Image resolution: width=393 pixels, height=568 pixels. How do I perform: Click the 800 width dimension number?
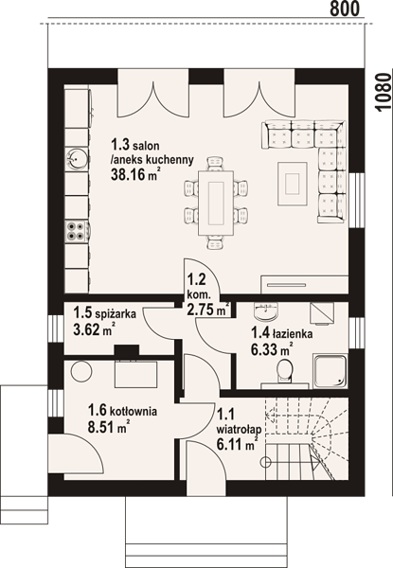click(x=345, y=9)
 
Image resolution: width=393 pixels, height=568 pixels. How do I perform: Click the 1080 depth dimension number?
click(x=384, y=93)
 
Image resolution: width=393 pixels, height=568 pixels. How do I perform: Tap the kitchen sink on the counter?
click(x=76, y=159)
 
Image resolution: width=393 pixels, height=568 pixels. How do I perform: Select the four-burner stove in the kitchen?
click(x=77, y=232)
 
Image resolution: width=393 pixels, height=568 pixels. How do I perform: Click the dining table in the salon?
click(x=216, y=203)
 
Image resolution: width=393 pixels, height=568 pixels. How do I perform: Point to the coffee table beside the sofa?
click(x=293, y=184)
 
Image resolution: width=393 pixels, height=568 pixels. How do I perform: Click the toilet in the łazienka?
click(x=285, y=370)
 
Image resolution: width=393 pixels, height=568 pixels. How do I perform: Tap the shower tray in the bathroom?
click(x=330, y=371)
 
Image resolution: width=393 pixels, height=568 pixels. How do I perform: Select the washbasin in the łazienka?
click(x=266, y=311)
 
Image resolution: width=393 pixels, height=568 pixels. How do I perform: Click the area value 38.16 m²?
click(x=135, y=175)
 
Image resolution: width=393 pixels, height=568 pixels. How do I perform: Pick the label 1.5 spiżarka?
click(x=105, y=313)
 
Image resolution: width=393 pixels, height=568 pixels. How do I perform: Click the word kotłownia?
click(x=134, y=412)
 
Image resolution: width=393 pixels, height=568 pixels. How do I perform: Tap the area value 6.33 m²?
click(x=271, y=350)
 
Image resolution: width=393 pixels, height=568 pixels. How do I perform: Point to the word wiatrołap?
click(x=239, y=430)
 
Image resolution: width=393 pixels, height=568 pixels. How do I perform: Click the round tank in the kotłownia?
click(x=81, y=371)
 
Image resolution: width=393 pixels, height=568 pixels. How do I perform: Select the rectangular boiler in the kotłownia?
click(x=135, y=374)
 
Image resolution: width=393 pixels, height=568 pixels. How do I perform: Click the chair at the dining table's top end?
click(x=215, y=163)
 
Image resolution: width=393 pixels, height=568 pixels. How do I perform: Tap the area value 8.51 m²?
click(x=109, y=427)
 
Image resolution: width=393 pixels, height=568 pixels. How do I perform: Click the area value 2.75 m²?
click(x=208, y=309)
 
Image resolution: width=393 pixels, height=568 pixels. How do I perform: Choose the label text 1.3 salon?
click(x=135, y=146)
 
